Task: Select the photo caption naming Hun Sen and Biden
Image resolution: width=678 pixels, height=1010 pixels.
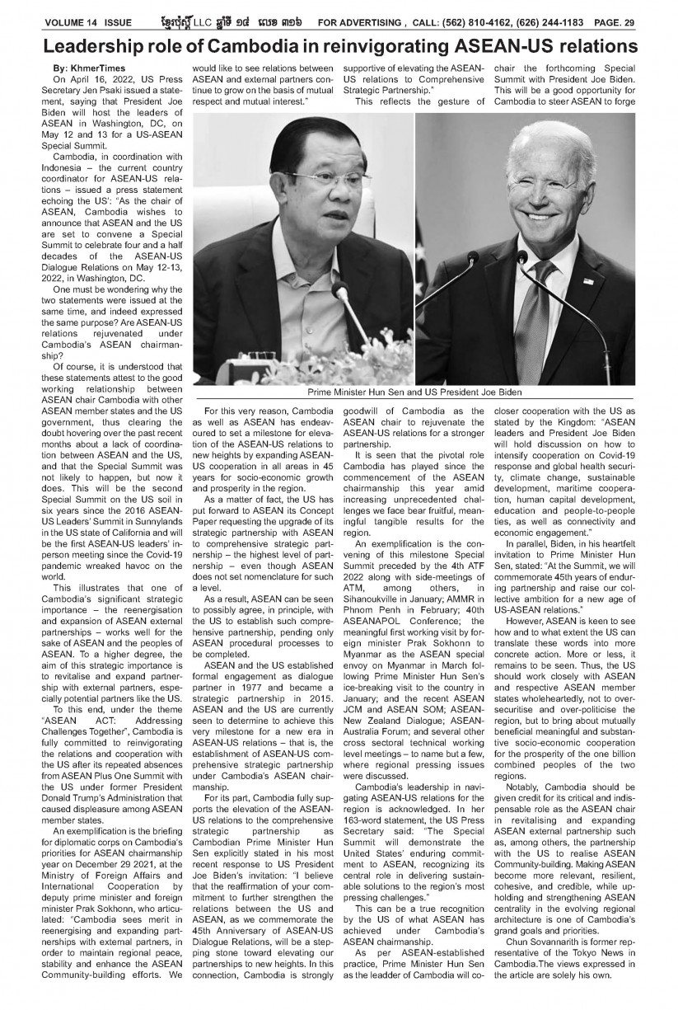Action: pos(415,392)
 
